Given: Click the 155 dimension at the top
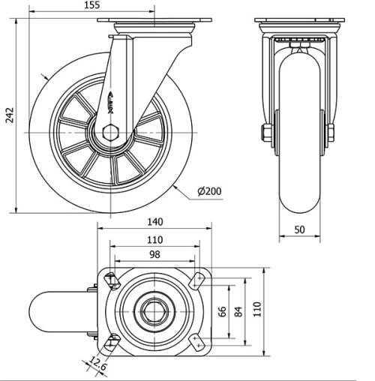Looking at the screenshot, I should [113, 6].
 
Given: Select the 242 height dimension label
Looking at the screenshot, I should [9, 115].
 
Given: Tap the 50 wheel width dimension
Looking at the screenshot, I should [299, 230].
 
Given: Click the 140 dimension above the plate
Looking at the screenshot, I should [155, 222].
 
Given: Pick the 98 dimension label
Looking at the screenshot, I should [154, 255].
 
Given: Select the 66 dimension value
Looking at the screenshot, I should [221, 310].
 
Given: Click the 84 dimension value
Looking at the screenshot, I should [238, 310].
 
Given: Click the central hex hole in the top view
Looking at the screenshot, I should [155, 310].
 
